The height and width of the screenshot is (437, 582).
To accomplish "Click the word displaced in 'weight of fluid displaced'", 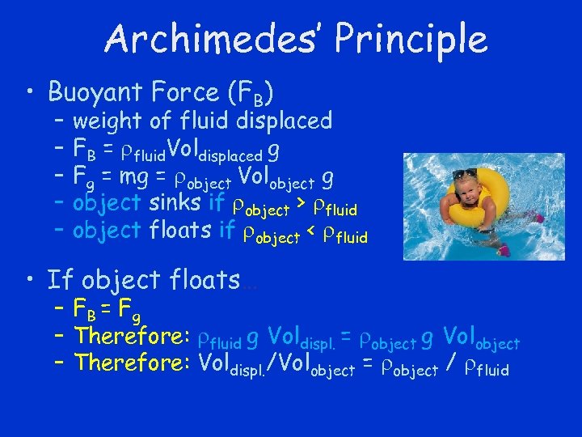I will (284, 121).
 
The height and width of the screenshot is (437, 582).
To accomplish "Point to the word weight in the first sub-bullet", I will (108, 122).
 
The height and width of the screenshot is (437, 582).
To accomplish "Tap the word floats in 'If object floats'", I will (205, 281).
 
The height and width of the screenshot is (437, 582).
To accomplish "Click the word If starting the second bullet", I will (60, 281).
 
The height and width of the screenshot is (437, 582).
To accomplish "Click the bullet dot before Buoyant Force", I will (32, 93).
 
